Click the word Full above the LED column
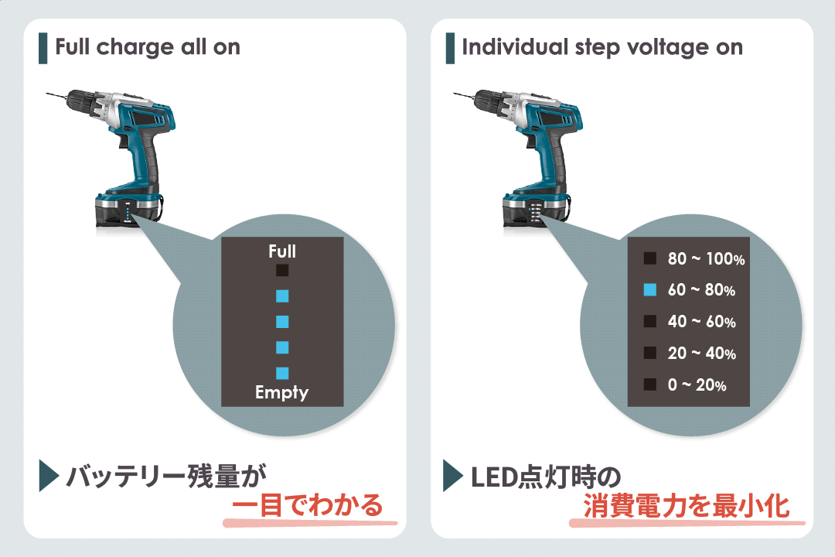(282, 251)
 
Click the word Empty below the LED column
(282, 393)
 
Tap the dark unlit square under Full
(282, 271)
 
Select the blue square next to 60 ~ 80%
(650, 290)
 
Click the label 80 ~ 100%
(706, 259)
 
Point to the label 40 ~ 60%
(701, 322)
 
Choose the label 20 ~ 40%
(701, 354)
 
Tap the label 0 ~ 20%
(697, 384)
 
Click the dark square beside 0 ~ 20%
(650, 384)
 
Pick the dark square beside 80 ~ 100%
(650, 258)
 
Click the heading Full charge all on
(148, 47)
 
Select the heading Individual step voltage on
(602, 47)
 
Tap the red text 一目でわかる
(308, 507)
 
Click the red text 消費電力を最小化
(686, 507)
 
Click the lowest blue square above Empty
(282, 373)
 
